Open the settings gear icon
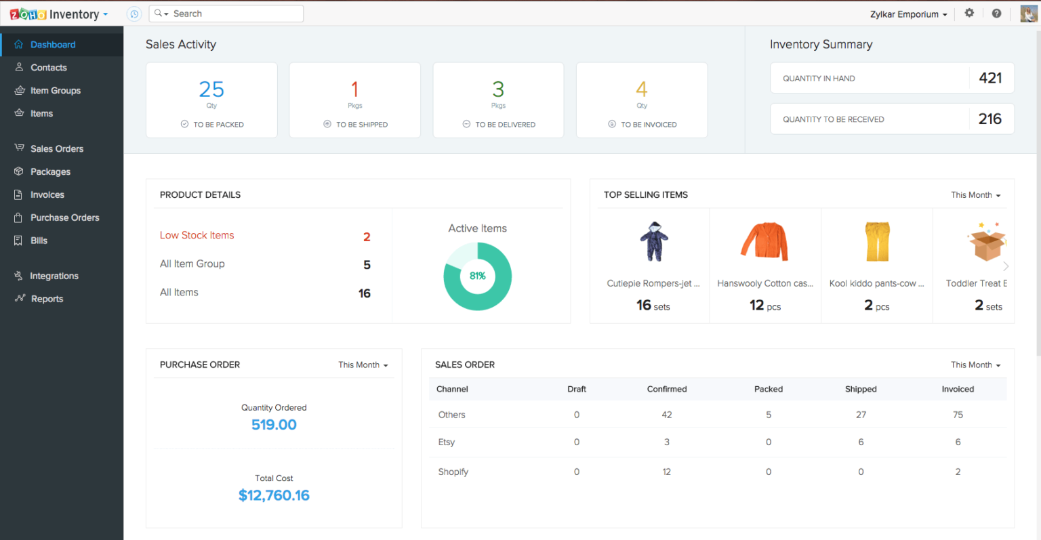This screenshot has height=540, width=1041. [969, 13]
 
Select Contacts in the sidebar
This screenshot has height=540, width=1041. [48, 68]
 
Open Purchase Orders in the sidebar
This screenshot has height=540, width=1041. [64, 217]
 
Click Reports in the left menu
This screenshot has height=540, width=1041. [47, 299]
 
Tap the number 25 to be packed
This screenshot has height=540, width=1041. [211, 89]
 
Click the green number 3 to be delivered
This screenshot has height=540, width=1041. [498, 89]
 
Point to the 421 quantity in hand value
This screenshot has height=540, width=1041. [990, 78]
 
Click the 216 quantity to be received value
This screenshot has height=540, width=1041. [989, 119]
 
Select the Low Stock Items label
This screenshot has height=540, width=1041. [197, 235]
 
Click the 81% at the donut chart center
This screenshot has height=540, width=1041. [478, 276]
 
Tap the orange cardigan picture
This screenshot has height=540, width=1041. [764, 241]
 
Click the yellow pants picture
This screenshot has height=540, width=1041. [876, 241]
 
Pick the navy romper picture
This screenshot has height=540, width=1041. [654, 241]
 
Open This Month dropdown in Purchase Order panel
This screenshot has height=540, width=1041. [363, 365]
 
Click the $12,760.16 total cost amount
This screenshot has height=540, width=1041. [274, 495]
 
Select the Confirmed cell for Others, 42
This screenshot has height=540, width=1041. [667, 415]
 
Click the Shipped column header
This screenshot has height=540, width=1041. [861, 389]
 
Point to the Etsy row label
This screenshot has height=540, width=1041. [447, 442]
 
